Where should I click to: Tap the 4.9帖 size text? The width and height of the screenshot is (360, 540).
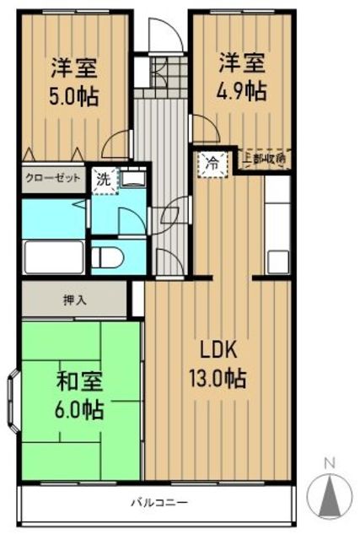243,89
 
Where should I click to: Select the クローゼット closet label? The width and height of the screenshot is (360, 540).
53,179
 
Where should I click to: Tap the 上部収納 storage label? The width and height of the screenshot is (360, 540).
263,158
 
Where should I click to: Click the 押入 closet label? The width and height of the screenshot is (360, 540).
74,300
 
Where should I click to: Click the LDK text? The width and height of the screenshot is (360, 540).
221,349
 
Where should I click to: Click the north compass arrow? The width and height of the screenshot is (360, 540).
330,494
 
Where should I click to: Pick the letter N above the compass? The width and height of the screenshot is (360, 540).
330,462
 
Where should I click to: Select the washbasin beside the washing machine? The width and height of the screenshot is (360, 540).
132,180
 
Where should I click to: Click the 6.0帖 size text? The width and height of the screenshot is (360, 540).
80,411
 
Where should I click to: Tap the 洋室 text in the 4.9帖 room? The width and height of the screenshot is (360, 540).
243,62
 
